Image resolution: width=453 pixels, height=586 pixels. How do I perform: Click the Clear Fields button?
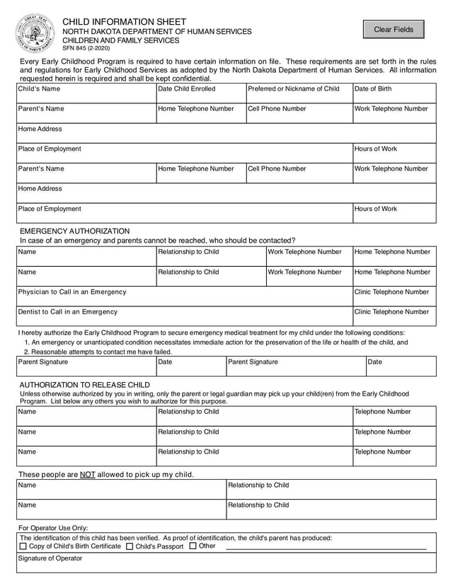click(x=394, y=29)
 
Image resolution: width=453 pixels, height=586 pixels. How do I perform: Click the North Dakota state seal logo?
click(x=35, y=33)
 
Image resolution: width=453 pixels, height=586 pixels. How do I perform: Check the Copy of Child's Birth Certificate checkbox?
click(x=23, y=546)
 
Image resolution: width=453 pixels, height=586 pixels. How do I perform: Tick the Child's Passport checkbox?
click(x=130, y=546)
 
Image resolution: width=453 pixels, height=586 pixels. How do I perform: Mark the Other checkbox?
click(x=193, y=546)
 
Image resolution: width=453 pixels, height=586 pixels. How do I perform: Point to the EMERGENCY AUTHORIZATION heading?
click(x=75, y=231)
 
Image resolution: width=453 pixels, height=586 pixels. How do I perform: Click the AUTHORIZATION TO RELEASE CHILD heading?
click(x=84, y=385)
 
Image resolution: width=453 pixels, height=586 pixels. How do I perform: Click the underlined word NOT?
click(x=87, y=474)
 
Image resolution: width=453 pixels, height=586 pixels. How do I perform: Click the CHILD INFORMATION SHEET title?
click(x=125, y=22)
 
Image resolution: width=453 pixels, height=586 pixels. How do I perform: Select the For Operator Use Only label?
click(x=53, y=528)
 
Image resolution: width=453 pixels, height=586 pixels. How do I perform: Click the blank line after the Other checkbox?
click(x=326, y=547)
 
